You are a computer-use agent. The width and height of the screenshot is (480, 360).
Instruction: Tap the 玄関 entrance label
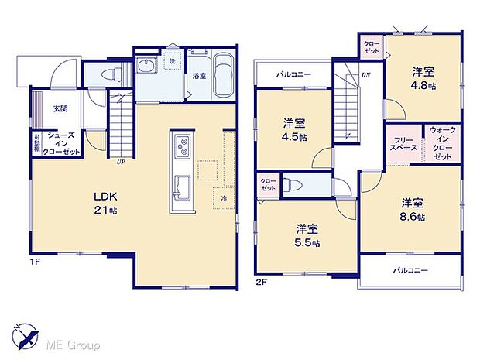pos(60,109)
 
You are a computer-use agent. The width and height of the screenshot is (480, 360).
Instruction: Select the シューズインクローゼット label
pos(61,143)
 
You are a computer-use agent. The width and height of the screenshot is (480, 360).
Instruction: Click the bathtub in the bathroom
pos(224,77)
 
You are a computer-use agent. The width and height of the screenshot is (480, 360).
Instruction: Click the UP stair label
pos(121,162)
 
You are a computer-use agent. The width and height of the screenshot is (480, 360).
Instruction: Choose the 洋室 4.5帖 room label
pos(293,129)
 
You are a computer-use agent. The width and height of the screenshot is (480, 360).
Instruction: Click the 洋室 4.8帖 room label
pos(423,78)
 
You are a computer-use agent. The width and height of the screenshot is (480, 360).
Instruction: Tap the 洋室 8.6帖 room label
pos(413,210)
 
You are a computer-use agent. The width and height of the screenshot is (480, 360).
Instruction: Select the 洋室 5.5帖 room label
pos(307,235)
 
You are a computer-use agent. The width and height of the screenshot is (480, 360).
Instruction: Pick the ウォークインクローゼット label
pos(442,144)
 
